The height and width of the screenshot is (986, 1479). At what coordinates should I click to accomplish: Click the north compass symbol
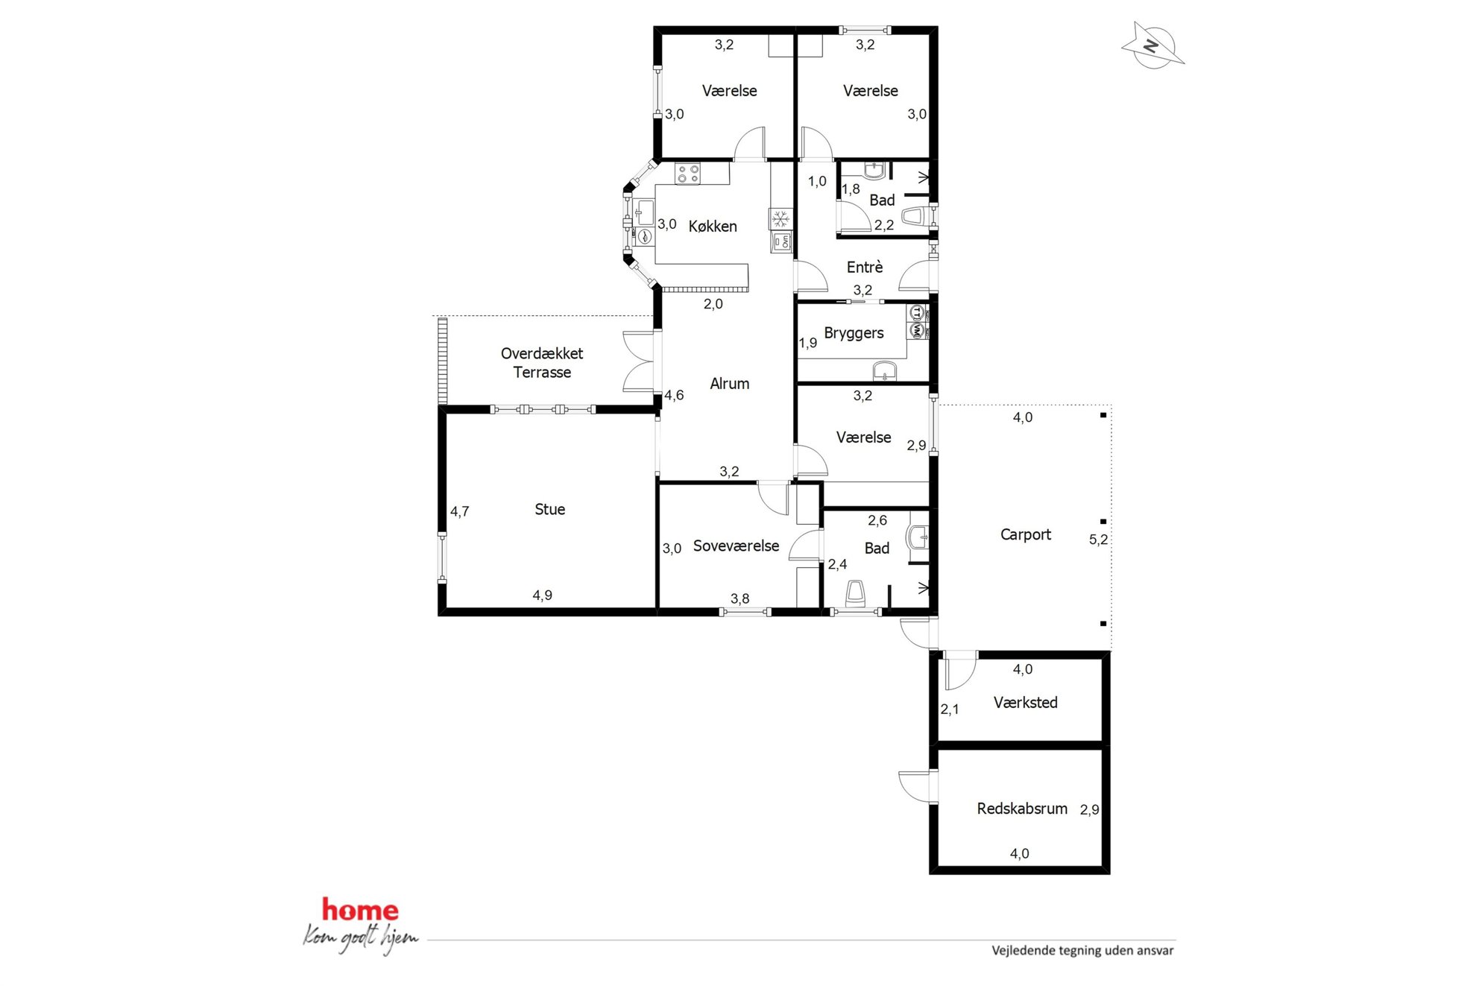click(x=1152, y=45)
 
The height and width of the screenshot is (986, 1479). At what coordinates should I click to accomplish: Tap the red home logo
click(x=360, y=910)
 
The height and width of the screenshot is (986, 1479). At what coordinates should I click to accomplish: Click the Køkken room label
click(x=713, y=227)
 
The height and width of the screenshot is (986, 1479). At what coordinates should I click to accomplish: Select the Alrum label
click(x=729, y=384)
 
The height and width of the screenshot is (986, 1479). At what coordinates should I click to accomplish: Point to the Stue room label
click(x=550, y=510)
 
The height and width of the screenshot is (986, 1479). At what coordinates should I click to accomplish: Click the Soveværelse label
click(x=736, y=546)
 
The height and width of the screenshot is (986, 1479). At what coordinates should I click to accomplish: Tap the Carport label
click(x=1026, y=535)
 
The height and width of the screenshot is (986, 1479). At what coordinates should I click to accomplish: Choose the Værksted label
click(x=1026, y=703)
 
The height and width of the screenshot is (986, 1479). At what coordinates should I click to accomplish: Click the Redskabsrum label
click(x=1022, y=809)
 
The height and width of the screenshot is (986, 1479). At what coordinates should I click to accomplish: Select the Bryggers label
click(x=854, y=334)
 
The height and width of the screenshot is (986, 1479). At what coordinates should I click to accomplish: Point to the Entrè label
click(x=865, y=267)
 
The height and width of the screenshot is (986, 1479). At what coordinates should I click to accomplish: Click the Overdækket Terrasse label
click(x=542, y=363)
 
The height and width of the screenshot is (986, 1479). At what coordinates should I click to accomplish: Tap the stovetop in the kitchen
click(x=687, y=174)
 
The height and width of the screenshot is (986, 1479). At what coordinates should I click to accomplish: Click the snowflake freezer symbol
click(x=781, y=219)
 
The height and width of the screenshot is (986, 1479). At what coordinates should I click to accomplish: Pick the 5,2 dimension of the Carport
click(x=1098, y=540)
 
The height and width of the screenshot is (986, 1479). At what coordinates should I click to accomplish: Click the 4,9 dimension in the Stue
click(x=542, y=595)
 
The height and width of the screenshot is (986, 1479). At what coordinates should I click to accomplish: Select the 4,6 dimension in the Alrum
click(x=674, y=396)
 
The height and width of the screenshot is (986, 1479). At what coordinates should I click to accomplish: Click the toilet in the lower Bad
click(x=856, y=594)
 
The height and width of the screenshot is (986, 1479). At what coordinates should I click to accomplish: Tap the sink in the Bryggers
click(x=885, y=370)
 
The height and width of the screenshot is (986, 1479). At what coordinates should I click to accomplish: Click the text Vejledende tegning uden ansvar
click(x=1082, y=951)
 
